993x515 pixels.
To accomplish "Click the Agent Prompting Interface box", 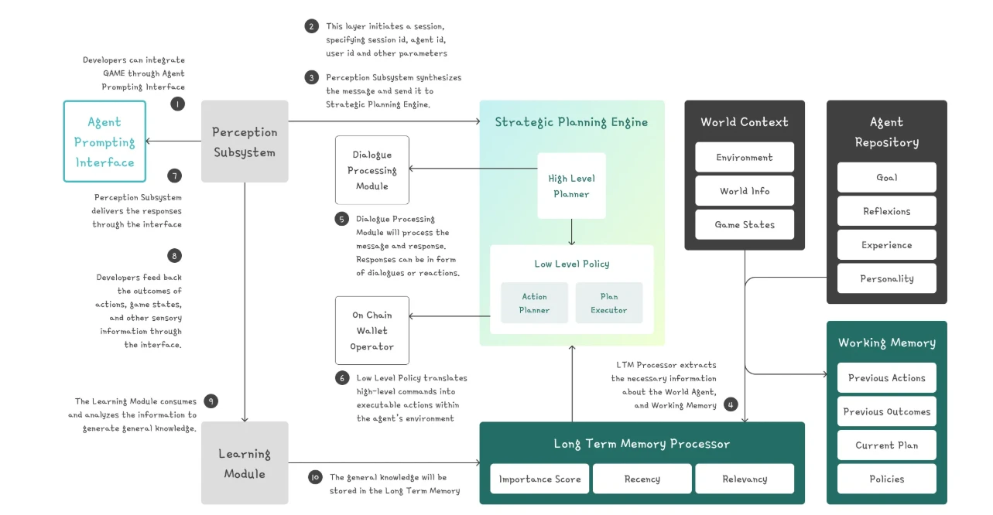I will [x=104, y=142].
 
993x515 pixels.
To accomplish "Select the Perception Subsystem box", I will [x=245, y=142].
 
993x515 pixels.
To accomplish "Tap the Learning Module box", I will [x=245, y=463].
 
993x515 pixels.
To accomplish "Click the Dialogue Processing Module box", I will [x=372, y=170].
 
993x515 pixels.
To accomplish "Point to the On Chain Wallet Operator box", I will [x=372, y=330].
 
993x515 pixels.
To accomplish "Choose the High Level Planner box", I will [x=571, y=186].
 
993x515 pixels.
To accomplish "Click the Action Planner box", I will [x=534, y=303].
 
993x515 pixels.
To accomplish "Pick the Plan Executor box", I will [x=609, y=303].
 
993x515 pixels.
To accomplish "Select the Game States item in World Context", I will [x=745, y=224].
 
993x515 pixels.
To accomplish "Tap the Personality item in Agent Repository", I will [x=887, y=278].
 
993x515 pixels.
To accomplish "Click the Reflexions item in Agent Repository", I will [x=887, y=211].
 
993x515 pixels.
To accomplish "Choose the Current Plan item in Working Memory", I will [x=887, y=445].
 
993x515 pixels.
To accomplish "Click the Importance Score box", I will [x=539, y=479].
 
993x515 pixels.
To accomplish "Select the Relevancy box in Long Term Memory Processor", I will [x=745, y=479].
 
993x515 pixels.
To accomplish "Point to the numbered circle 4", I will [x=731, y=404].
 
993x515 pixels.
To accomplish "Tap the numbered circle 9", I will [x=211, y=401].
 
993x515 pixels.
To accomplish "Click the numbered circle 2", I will [x=312, y=26].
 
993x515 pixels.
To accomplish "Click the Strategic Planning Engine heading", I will [x=571, y=121].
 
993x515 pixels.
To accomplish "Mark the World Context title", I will [x=745, y=121].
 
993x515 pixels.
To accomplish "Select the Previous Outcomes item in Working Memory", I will [x=887, y=411].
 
